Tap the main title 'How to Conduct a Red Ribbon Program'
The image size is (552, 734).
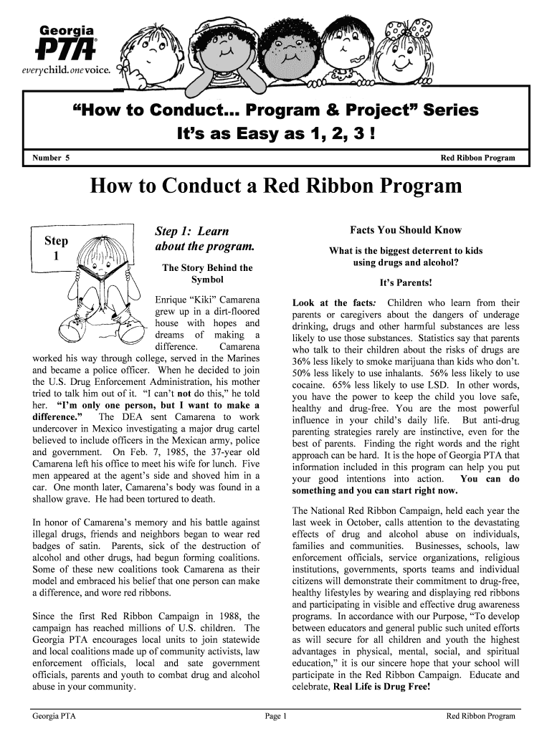coord(276,186)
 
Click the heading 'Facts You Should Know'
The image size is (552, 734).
coord(406,230)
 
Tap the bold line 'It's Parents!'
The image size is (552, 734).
coord(406,283)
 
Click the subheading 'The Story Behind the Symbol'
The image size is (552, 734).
coord(208,273)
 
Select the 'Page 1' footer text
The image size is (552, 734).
coord(276,715)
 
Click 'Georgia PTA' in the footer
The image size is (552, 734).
coord(54,715)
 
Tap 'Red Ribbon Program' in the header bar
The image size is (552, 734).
coord(477,157)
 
